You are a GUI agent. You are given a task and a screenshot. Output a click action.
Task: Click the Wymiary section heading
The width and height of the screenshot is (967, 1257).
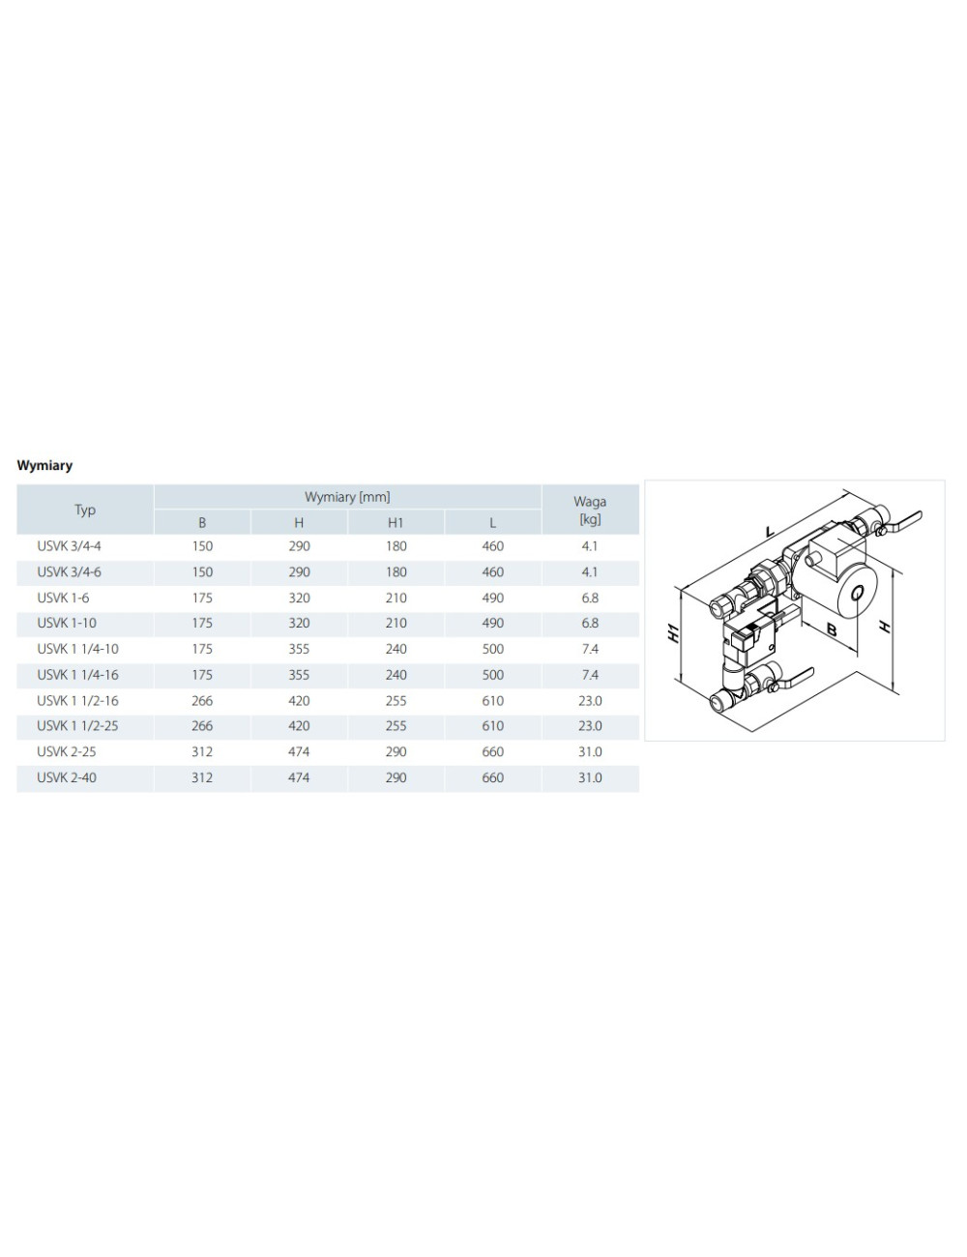pyautogui.click(x=44, y=465)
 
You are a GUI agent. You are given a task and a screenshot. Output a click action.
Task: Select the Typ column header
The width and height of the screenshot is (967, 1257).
pyautogui.click(x=85, y=510)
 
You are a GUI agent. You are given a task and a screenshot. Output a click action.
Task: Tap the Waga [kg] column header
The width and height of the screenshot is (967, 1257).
pyautogui.click(x=590, y=511)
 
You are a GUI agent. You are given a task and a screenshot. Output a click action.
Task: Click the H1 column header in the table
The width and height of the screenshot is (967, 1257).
pyautogui.click(x=396, y=522)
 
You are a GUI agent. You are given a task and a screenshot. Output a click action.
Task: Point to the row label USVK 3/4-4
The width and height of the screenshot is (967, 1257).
pyautogui.click(x=69, y=546)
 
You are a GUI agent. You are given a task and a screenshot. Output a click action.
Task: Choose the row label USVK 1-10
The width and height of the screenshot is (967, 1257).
pyautogui.click(x=67, y=623)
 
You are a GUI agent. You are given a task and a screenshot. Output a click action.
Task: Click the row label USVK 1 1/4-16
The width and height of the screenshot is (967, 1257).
pyautogui.click(x=77, y=675)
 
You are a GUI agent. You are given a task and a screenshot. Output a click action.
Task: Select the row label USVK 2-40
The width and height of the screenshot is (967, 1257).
pyautogui.click(x=67, y=777)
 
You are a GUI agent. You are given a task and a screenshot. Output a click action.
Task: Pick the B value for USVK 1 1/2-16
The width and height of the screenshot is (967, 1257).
pyautogui.click(x=202, y=700)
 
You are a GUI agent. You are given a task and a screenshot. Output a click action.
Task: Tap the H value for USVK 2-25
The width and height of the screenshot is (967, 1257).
pyautogui.click(x=299, y=751)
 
